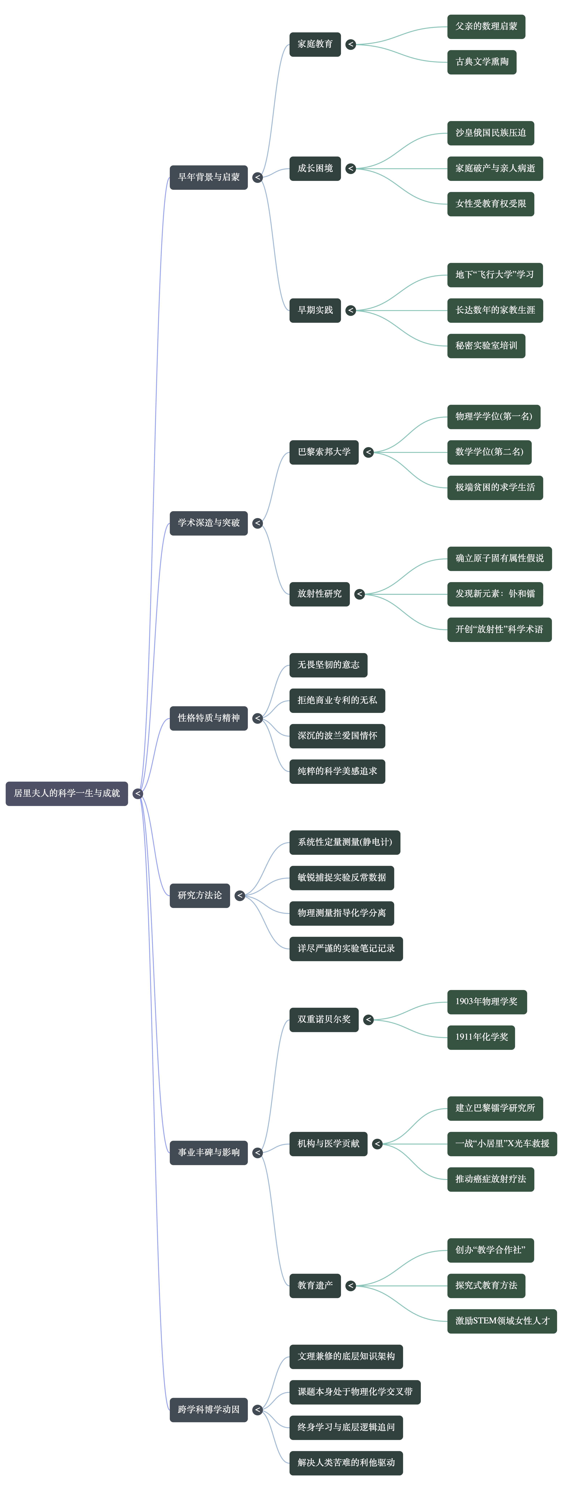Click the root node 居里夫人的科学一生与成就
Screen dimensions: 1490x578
[x=67, y=793]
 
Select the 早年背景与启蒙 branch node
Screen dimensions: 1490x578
[x=208, y=177]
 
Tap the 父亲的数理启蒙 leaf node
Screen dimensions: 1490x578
[x=486, y=27]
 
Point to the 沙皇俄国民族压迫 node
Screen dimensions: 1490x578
[x=490, y=133]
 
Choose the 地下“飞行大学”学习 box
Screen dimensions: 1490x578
[x=495, y=275]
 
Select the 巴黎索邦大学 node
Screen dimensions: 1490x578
[x=324, y=452]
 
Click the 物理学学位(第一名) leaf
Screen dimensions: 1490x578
[x=493, y=416]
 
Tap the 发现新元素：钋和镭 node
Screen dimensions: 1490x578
[x=495, y=594]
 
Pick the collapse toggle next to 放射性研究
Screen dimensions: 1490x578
[x=359, y=594]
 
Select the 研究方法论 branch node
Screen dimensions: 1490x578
[x=200, y=895]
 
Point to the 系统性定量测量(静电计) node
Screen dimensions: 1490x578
[x=344, y=842]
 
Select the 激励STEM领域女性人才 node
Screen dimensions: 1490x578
[x=502, y=1321]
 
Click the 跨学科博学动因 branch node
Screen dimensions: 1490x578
[x=208, y=1410]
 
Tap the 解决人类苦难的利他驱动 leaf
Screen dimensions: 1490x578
[x=346, y=1463]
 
